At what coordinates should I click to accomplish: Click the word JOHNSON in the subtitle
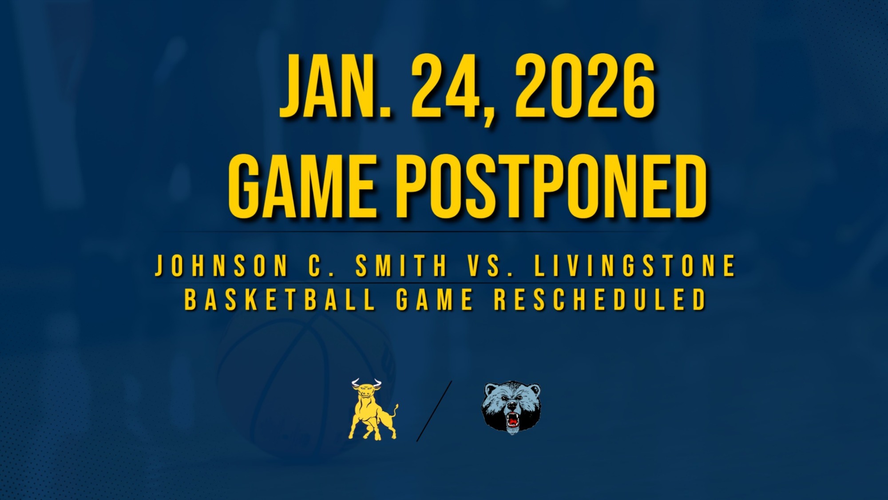pyautogui.click(x=221, y=265)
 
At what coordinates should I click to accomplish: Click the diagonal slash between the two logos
pyautogui.click(x=434, y=411)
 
